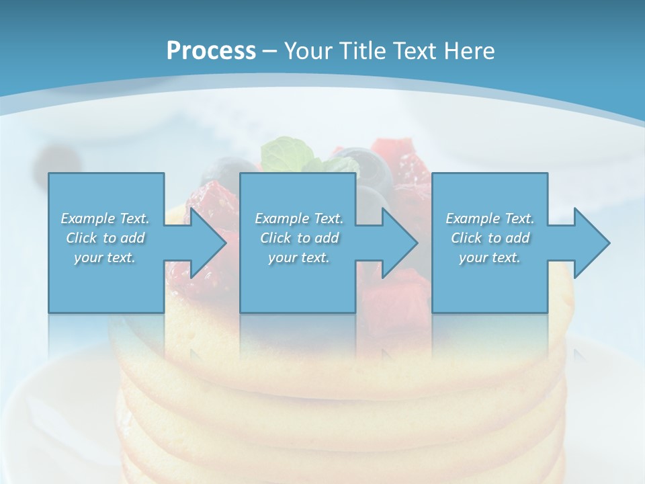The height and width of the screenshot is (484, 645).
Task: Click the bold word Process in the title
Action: [211, 50]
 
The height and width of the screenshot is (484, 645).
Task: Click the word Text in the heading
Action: [415, 50]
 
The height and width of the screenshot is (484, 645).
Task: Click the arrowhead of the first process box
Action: [206, 243]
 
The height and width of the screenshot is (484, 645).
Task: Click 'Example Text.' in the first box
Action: [105, 218]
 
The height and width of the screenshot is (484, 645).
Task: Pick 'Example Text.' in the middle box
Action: [299, 218]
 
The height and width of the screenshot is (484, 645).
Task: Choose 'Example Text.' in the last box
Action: [490, 218]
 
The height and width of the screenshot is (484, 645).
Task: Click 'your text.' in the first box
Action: [105, 257]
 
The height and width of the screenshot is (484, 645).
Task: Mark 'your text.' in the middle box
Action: [299, 257]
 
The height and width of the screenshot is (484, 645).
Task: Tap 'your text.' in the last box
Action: [490, 257]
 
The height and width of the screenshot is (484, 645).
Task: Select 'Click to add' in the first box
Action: [105, 238]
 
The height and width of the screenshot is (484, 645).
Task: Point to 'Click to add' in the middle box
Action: [299, 238]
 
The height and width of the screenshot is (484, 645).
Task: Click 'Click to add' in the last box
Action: [490, 238]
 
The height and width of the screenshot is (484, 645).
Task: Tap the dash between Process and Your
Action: [270, 51]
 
